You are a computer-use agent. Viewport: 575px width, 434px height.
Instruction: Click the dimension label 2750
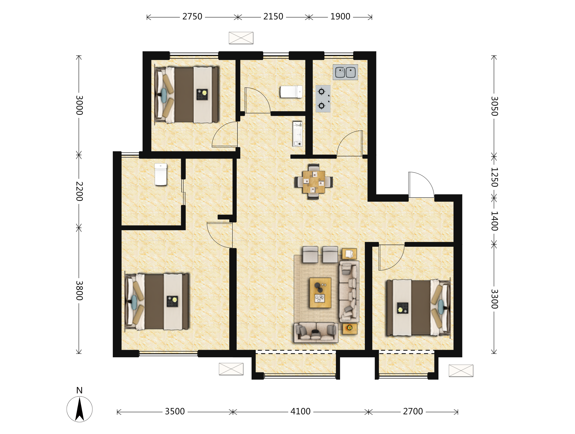[x=192, y=17]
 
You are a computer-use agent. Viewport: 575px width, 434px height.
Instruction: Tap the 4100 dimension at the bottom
[x=300, y=411]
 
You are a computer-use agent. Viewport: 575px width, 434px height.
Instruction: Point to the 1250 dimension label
[x=494, y=177]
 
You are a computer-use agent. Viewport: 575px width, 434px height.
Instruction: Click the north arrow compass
[x=79, y=409]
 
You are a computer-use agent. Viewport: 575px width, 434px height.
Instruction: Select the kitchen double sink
[x=345, y=72]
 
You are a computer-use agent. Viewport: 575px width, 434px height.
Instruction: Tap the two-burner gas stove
[x=323, y=99]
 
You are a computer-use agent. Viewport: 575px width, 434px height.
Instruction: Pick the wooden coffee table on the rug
[x=320, y=293]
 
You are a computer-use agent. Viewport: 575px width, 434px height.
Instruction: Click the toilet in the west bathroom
[x=161, y=174]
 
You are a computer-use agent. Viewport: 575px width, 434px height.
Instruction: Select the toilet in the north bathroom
[x=291, y=92]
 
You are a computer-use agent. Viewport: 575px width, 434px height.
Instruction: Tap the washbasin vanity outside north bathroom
[x=298, y=134]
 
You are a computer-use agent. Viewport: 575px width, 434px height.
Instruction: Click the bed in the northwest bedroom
[x=187, y=95]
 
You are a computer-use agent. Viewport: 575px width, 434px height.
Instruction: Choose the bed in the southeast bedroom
[x=418, y=308]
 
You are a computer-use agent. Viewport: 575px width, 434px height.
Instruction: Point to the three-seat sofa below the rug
[x=316, y=332]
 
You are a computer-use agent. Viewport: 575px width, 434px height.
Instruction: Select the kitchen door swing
[x=350, y=143]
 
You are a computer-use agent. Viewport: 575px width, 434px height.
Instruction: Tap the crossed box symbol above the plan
[x=241, y=38]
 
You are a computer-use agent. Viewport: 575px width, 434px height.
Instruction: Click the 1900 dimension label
[x=340, y=17]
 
